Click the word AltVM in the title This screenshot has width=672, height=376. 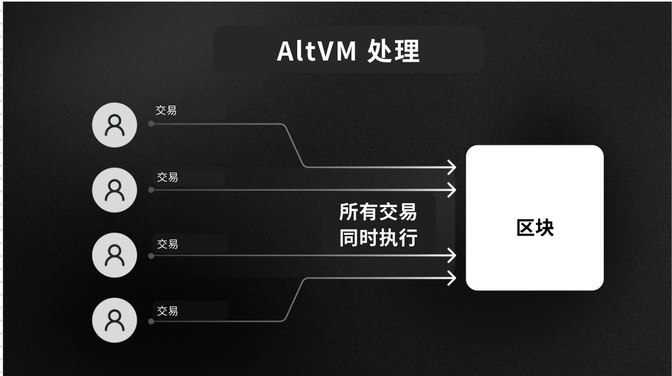[x=317, y=51]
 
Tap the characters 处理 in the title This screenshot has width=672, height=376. [x=393, y=51]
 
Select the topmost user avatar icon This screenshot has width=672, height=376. [x=114, y=125]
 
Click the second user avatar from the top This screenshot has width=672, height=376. [x=114, y=190]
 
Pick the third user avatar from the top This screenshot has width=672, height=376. [x=114, y=255]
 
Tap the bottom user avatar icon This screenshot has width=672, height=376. [x=114, y=320]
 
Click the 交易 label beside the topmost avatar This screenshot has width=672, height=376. [x=166, y=110]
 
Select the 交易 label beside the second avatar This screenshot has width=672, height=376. [x=167, y=177]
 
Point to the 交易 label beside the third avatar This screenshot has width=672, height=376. [x=167, y=244]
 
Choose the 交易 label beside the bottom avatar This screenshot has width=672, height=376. [x=167, y=311]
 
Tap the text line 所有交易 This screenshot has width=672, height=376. [x=378, y=212]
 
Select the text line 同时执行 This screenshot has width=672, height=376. [x=378, y=238]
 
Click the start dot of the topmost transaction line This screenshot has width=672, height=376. [x=151, y=124]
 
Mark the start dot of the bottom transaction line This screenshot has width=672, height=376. [x=151, y=321]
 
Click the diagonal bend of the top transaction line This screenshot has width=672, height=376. [x=294, y=146]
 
